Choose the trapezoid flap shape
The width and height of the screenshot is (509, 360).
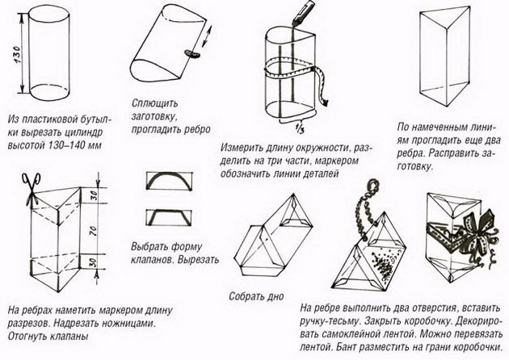166,216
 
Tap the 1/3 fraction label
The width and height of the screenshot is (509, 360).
300,127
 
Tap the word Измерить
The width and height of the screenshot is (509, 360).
243,149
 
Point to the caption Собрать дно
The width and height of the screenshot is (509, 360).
256,296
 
